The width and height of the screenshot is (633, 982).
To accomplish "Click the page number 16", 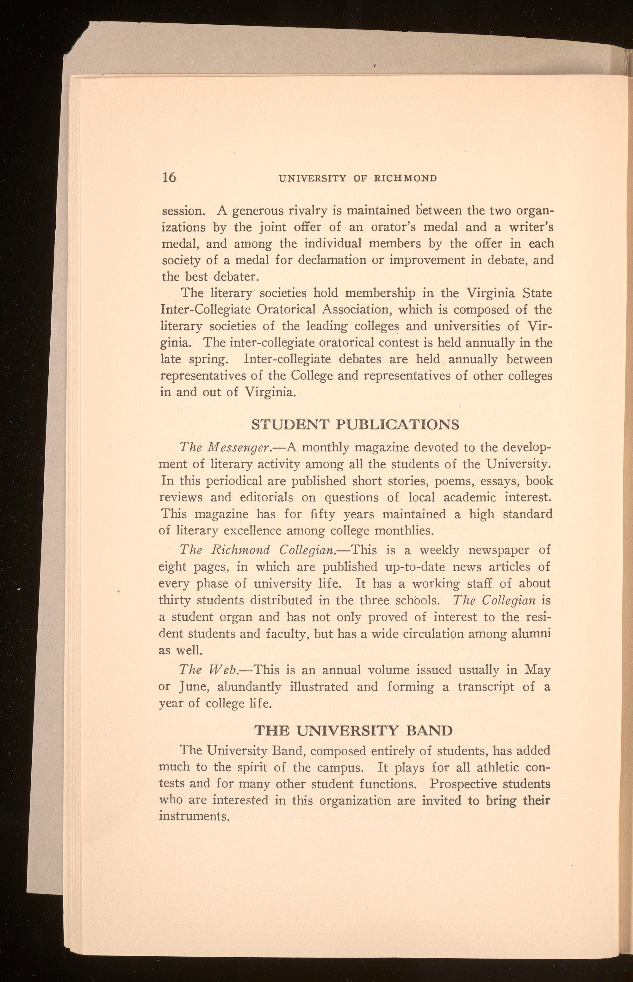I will tap(169, 177).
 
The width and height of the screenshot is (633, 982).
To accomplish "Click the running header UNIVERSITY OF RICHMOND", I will tap(357, 178).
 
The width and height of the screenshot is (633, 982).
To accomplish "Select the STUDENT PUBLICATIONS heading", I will tap(355, 424).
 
